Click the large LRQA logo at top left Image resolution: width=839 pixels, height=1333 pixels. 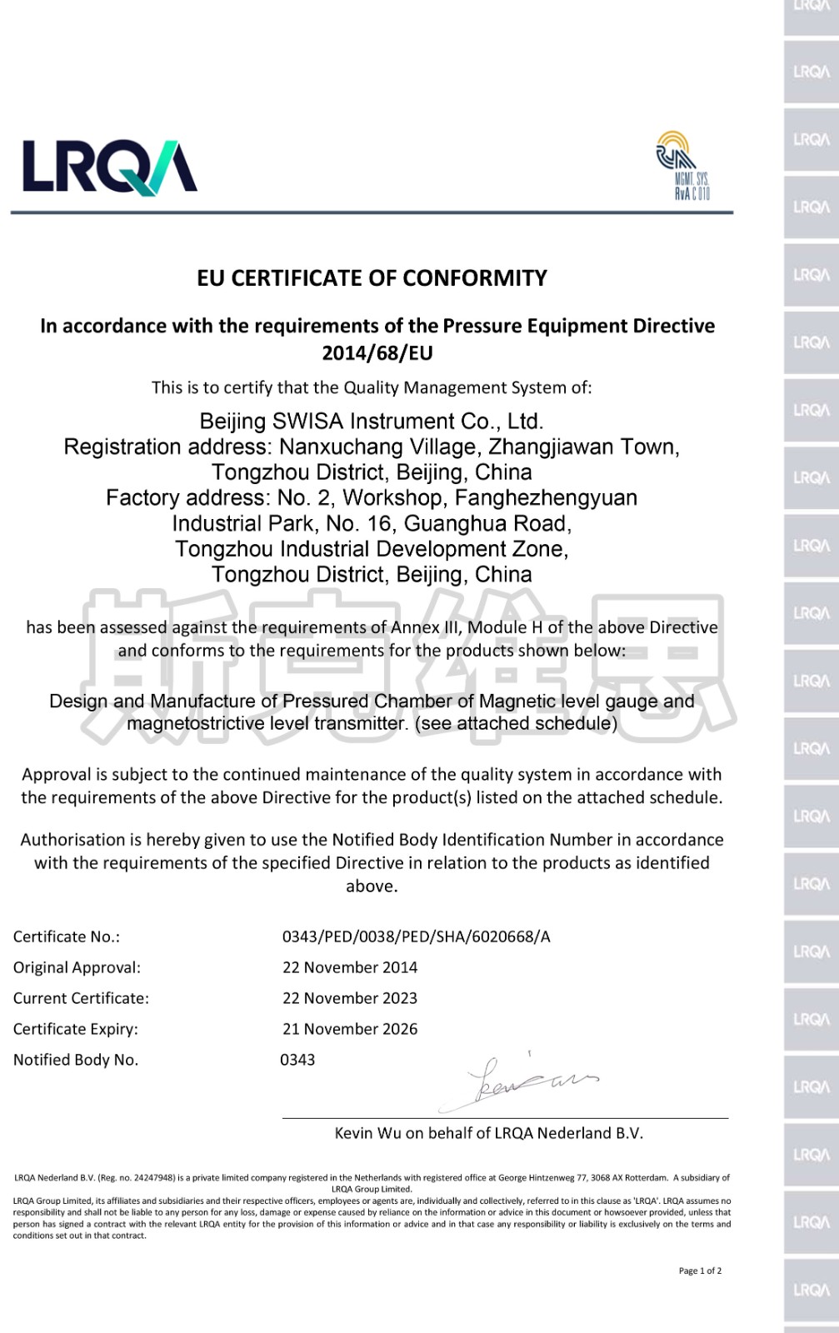(109, 167)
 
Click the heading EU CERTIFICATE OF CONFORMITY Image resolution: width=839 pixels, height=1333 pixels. (372, 278)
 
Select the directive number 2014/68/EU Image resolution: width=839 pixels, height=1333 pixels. (377, 353)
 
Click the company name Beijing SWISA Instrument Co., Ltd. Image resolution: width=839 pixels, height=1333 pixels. (372, 422)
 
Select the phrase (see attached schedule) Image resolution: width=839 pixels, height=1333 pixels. (517, 723)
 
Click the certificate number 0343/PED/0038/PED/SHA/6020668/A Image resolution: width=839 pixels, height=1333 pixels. (416, 936)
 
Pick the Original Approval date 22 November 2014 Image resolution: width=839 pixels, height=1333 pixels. (350, 967)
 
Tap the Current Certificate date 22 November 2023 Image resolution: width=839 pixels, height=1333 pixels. (350, 998)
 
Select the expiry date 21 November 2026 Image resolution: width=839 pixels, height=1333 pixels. (350, 1029)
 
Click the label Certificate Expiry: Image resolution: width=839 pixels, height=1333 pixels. (76, 1029)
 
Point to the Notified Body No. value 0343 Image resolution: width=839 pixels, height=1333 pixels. (297, 1060)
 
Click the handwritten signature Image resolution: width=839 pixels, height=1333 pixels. (525, 1082)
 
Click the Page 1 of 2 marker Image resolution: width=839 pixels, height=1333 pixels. (700, 1271)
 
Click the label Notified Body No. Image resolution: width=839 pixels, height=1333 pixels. (76, 1060)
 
